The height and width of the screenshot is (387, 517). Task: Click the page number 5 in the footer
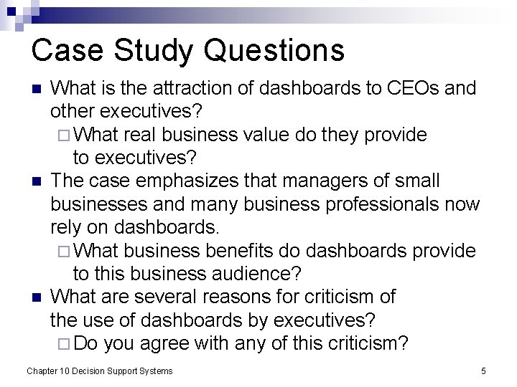483,371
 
